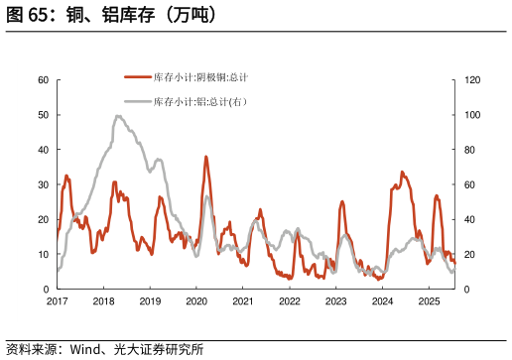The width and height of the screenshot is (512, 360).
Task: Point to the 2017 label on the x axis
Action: [57, 300]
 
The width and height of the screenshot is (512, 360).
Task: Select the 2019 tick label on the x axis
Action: [150, 300]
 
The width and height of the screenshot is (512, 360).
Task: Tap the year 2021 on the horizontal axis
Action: [243, 300]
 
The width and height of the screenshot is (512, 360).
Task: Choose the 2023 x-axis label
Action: [336, 300]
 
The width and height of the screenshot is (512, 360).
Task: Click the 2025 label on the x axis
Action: [429, 300]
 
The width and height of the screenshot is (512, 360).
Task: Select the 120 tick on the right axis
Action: [473, 80]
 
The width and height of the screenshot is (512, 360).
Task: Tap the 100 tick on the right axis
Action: [473, 115]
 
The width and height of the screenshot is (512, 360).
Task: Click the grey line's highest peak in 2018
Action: [118, 116]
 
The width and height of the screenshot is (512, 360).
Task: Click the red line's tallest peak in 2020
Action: [206, 157]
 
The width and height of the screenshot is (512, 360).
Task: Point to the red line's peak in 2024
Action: [402, 172]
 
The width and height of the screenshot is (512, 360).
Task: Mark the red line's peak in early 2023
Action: [342, 201]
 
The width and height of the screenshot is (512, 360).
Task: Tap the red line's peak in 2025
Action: [437, 195]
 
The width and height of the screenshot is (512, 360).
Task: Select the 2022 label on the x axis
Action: [290, 300]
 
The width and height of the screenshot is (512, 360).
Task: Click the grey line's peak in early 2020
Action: [207, 196]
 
